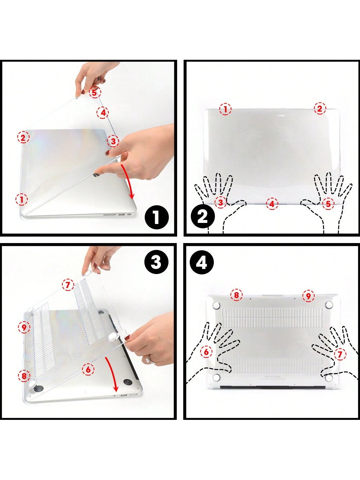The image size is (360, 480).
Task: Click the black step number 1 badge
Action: coord(157,217)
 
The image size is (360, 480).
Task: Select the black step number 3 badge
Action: coord(156,262)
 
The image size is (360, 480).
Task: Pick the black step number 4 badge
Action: coord(201,263)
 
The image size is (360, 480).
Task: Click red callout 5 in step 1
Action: coord(95,93)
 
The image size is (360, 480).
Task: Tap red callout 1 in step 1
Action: coord(22,199)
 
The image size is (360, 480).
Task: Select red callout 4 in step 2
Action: coord(272,204)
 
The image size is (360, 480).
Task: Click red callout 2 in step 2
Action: coord(320,108)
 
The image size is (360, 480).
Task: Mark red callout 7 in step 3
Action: coord(68,284)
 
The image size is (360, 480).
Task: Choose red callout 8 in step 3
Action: coord(24,376)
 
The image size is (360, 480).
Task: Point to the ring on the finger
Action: coord(149,359)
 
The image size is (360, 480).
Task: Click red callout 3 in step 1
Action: coord(113,141)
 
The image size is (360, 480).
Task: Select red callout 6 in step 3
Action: coord(88,369)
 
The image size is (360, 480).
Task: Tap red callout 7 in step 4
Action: coord(340,354)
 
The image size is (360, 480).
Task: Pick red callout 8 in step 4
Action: coord(237,295)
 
